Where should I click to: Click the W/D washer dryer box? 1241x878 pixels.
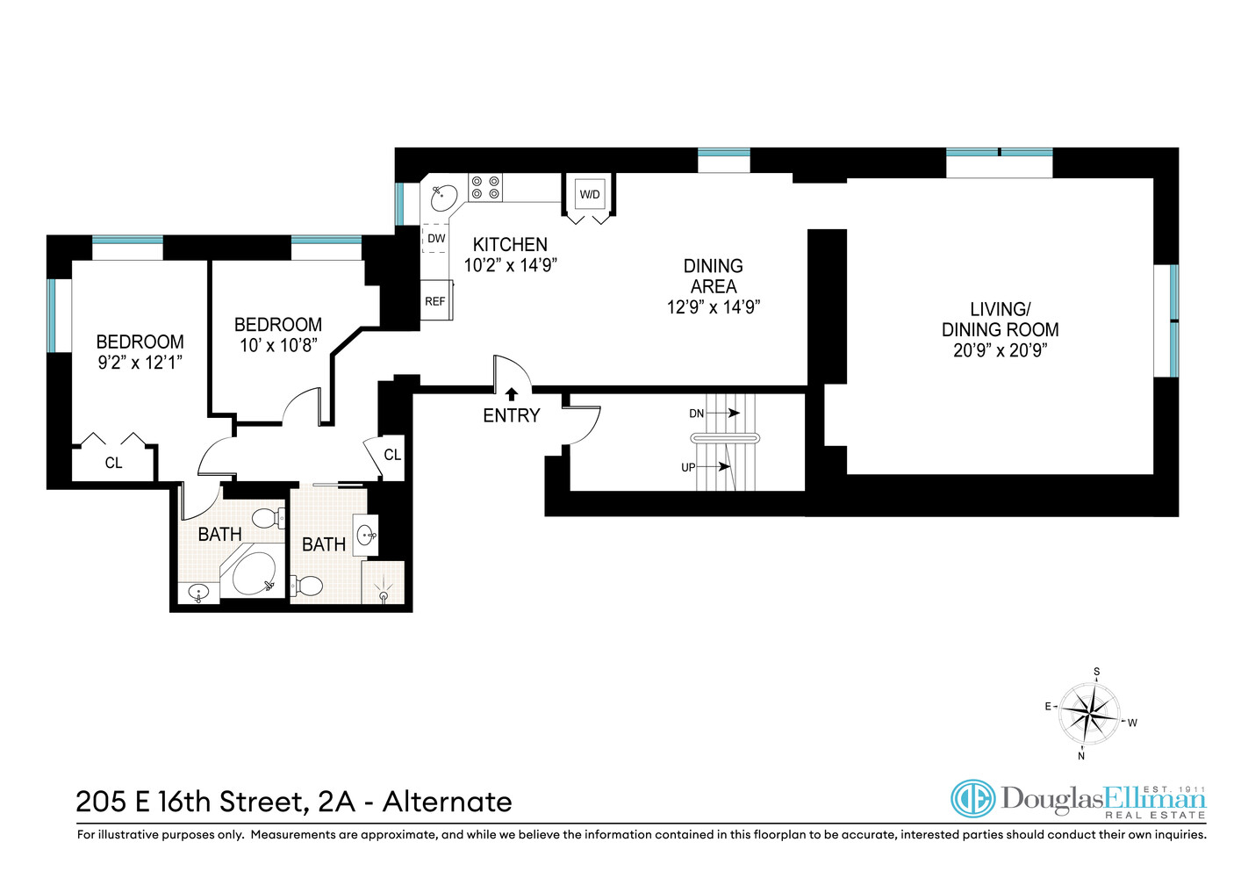pos(590,194)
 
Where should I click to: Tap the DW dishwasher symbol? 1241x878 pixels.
pos(436,238)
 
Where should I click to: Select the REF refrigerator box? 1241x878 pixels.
pos(435,301)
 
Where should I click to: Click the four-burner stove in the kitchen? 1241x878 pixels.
pos(485,187)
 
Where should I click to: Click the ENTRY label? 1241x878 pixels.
pos(511,415)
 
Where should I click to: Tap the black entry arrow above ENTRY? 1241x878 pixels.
pos(512,394)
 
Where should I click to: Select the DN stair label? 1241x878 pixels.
pos(697,413)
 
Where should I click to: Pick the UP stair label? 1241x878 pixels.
pos(688,467)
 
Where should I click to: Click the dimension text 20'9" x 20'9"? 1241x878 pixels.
pos(1000,350)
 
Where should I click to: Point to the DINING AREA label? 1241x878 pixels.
pos(713,276)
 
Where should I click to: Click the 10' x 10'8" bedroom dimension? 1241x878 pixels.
pos(278,345)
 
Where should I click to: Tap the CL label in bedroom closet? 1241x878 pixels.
pos(113,463)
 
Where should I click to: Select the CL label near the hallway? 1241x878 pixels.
pos(392,454)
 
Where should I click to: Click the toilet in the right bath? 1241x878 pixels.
pos(308,585)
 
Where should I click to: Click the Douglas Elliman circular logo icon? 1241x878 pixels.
pos(972,799)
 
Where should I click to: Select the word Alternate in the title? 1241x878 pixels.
pos(447,802)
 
